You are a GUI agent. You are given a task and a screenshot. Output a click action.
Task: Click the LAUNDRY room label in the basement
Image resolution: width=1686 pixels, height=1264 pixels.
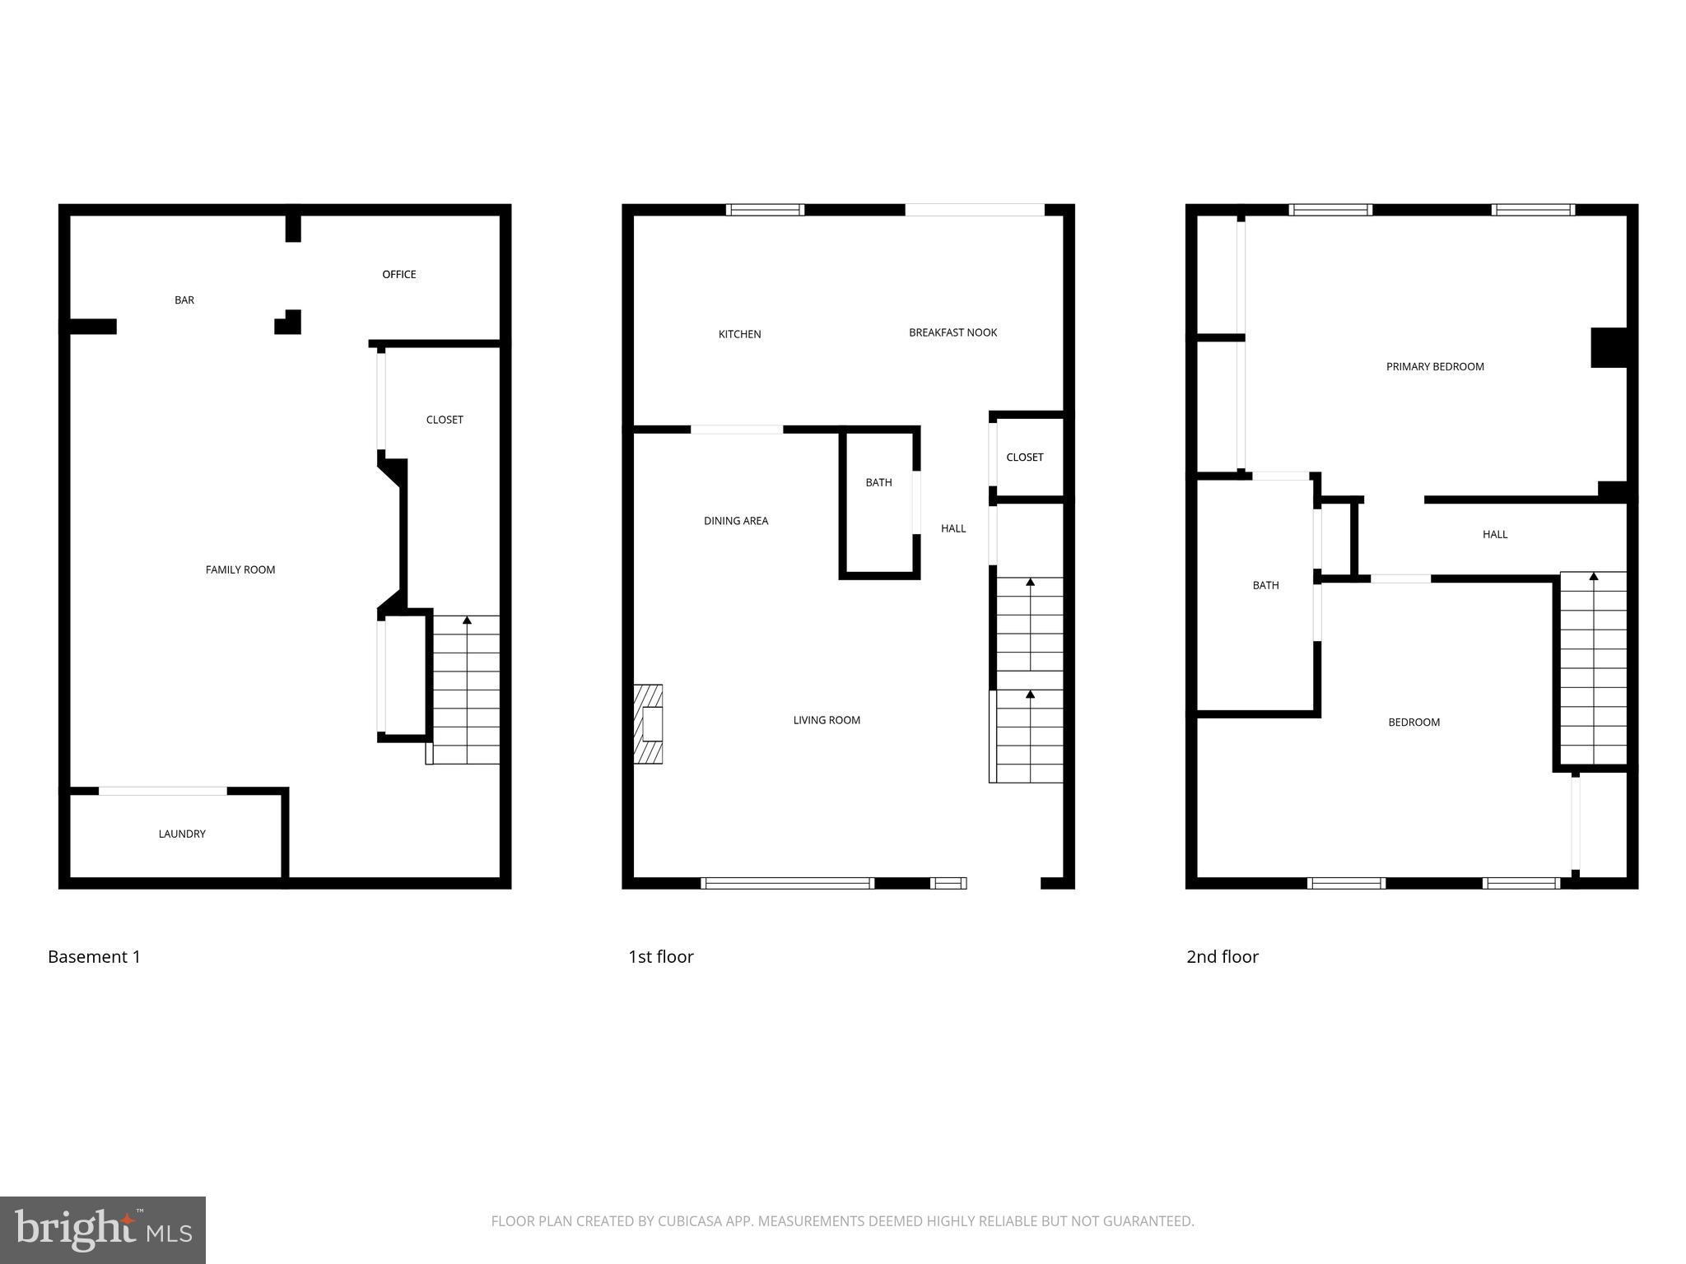[x=182, y=834]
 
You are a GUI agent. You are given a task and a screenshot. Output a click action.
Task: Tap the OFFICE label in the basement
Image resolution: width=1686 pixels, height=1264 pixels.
[x=398, y=274]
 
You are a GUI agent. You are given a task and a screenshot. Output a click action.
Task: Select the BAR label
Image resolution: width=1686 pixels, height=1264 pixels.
[x=184, y=300]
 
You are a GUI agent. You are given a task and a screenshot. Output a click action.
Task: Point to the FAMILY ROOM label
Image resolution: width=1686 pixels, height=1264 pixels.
[x=240, y=569]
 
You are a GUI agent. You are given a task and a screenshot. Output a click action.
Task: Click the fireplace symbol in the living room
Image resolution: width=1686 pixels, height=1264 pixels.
[x=650, y=724]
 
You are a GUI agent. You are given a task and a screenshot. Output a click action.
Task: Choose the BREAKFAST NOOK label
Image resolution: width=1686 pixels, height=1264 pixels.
[x=952, y=332]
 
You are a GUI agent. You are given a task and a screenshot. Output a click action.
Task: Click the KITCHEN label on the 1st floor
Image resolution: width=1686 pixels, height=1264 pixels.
[x=739, y=334]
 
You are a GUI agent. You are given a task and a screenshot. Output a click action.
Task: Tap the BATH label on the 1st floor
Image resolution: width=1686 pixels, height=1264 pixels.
[x=878, y=482]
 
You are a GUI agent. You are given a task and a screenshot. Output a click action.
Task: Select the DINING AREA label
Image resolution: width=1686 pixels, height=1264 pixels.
[x=736, y=521]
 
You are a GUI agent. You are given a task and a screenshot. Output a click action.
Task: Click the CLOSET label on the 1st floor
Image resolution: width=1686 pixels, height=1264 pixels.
[x=1024, y=458]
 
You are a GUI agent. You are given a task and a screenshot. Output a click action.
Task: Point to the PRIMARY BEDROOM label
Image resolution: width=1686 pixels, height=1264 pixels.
[x=1435, y=367]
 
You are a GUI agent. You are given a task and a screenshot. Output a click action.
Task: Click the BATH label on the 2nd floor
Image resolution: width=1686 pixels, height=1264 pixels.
[x=1265, y=586]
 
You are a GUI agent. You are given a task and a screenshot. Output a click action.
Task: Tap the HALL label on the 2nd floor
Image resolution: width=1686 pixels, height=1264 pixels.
[x=1494, y=534]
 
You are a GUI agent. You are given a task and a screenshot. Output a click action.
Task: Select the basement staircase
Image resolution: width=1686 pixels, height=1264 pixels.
[x=466, y=690]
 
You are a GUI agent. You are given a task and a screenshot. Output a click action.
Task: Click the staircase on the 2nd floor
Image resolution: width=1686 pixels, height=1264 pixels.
[x=1593, y=668]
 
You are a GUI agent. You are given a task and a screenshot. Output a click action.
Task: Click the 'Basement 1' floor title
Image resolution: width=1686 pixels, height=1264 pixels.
[x=94, y=956]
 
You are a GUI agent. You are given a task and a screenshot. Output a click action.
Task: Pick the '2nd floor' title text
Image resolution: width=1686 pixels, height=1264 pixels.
[x=1222, y=956]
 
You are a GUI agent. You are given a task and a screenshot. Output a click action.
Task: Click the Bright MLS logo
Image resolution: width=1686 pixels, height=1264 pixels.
[x=103, y=1229]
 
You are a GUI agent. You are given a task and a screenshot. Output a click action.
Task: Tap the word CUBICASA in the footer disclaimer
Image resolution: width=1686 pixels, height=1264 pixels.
[x=689, y=1221]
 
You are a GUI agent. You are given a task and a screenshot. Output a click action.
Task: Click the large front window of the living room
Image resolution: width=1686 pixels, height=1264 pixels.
[x=787, y=883]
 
